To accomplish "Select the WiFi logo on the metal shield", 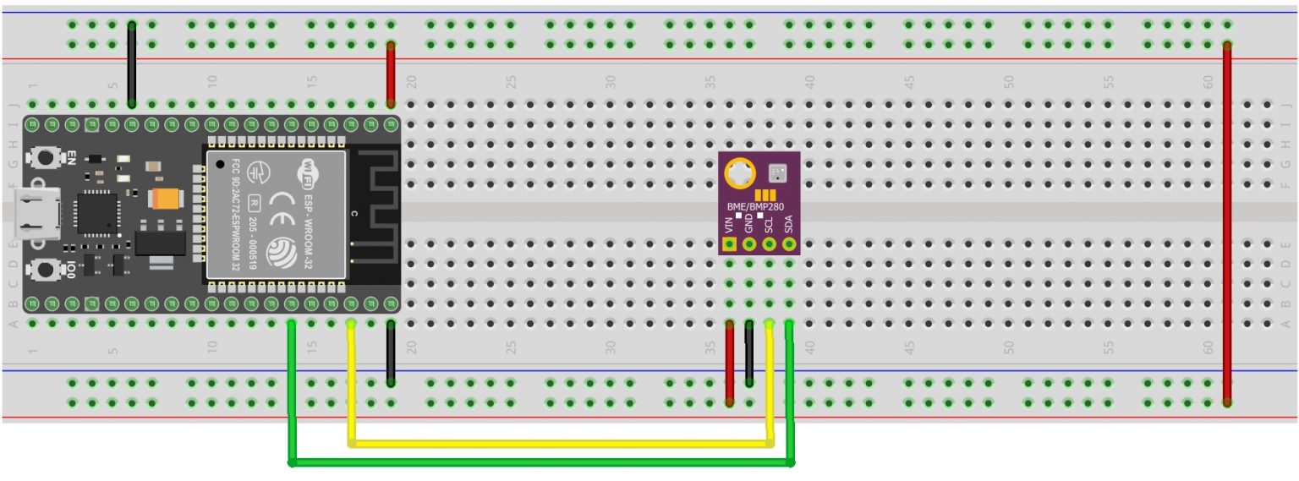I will coord(305,172).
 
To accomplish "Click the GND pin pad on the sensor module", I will coord(749,245).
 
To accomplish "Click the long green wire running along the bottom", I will coord(541,462).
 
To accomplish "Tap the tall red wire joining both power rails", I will coord(1227,220).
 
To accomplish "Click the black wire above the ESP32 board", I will coord(132,63).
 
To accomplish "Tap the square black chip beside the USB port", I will coord(92,211).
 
